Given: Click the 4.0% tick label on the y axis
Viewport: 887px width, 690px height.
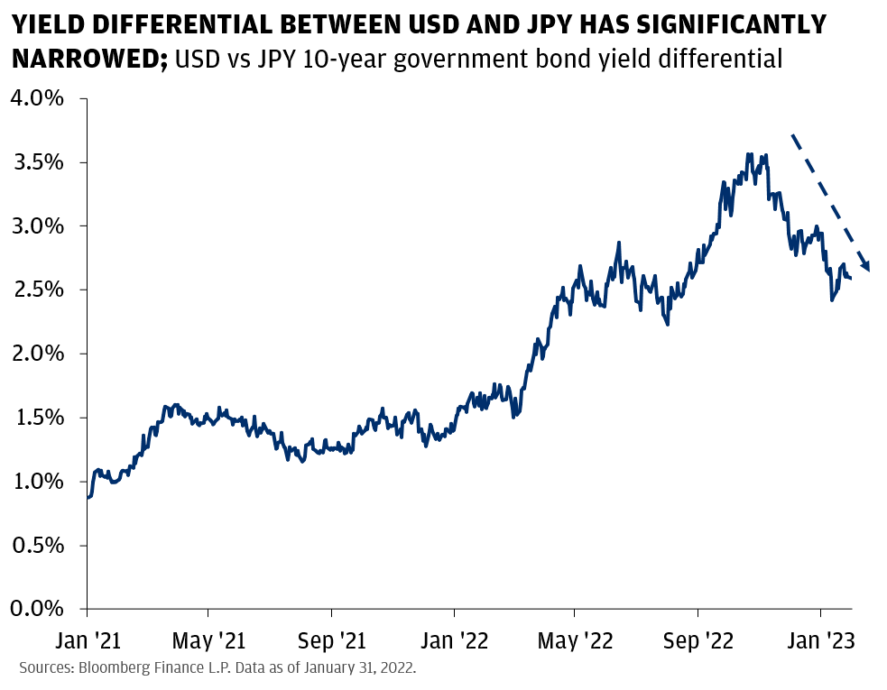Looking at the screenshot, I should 37,97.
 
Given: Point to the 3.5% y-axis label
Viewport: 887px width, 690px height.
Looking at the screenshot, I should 37,162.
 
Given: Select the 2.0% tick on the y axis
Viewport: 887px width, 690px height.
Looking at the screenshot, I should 37,354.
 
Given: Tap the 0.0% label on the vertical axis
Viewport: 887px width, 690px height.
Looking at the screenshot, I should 37,609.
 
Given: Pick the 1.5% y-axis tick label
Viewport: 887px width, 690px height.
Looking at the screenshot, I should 37,418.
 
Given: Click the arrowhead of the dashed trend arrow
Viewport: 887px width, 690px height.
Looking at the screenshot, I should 867,265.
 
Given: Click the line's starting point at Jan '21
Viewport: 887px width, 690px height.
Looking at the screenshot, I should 88,497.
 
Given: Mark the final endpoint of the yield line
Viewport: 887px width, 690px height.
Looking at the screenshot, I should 852,279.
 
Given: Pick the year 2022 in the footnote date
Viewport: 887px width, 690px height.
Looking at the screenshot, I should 394,668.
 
